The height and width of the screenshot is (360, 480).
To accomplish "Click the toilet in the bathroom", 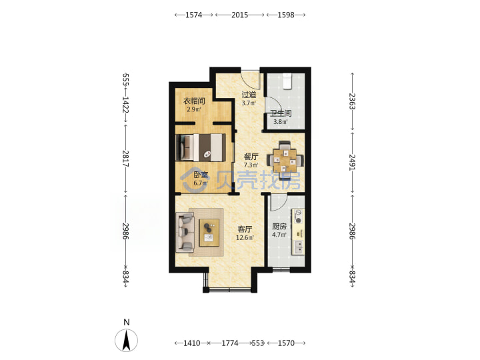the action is point(287,81).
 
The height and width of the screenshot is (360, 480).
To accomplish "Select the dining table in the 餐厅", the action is point(285,160).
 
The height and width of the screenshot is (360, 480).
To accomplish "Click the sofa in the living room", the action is point(185,233).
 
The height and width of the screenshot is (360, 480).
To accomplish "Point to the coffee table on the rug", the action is point(209,233).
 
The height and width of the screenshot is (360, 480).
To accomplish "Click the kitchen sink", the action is point(298,247).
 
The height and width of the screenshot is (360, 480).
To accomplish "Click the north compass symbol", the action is point(126,340).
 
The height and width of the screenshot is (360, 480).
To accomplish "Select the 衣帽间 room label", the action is point(194,101).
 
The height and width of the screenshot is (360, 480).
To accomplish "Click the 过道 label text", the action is point(249,95).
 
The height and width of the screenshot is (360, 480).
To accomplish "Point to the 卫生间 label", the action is point(281,113).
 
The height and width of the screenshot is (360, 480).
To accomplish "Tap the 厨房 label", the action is point(279,227).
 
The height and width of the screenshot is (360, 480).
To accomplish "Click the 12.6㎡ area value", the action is point(245,237).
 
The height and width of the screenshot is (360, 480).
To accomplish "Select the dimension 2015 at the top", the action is point(239,15).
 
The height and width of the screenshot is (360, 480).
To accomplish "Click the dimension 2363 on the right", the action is point(352,101).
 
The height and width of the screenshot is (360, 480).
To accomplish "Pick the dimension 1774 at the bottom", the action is point(229,343).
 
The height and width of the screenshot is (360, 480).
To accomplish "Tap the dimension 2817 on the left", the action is point(125,159).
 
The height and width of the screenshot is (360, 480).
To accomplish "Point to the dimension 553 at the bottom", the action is point(257,343).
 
